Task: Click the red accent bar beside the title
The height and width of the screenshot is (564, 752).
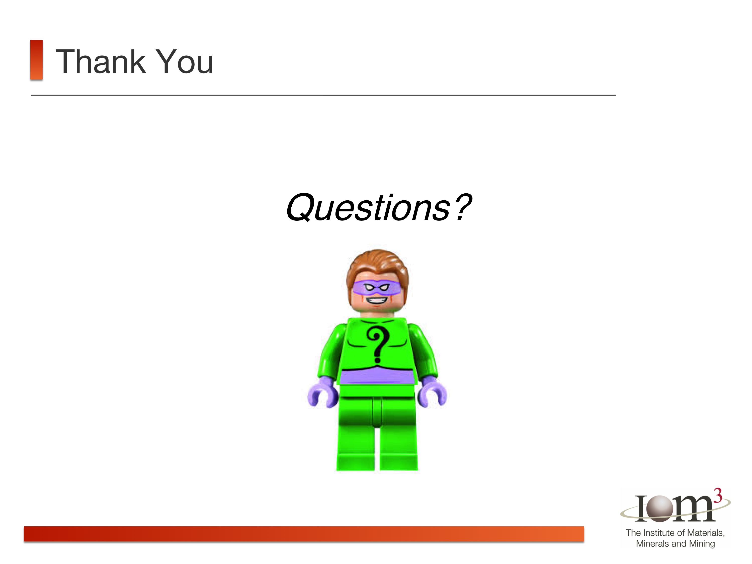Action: pos(36,60)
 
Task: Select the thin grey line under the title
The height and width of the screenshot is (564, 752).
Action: pos(323,96)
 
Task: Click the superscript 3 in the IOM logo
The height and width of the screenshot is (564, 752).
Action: pos(717,496)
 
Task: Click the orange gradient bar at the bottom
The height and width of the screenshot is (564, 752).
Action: pos(304,534)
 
